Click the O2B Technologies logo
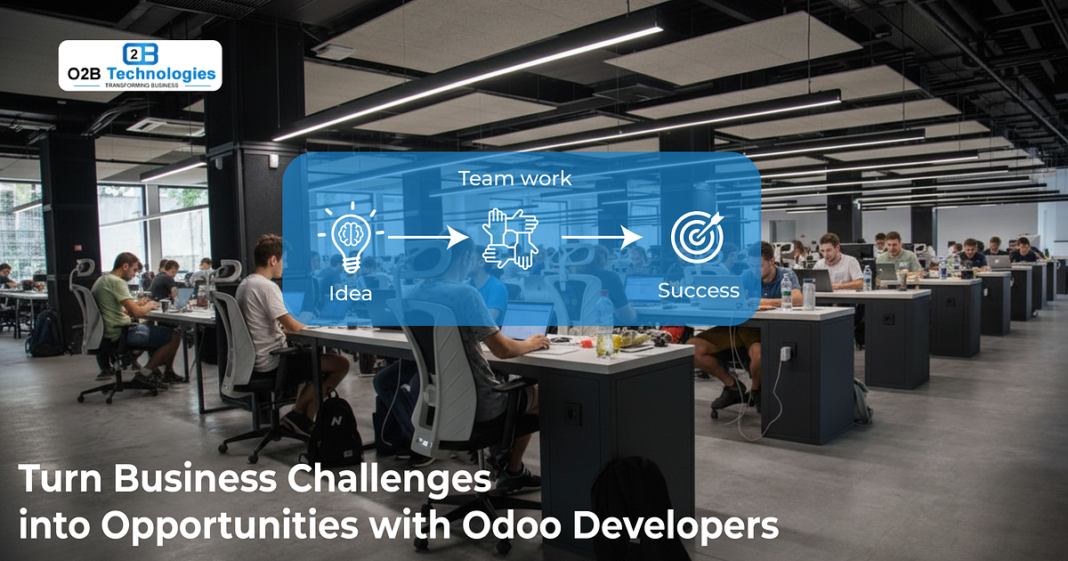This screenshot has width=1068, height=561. coord(140,65)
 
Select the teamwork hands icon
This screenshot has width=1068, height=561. coord(511,237)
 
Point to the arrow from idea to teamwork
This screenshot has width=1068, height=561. coord(428,237)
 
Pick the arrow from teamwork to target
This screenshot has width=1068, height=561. coord(602,237)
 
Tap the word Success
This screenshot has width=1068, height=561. coord(698,290)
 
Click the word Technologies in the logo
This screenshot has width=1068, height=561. coord(161,74)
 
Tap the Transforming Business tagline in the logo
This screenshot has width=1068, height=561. coord(141,86)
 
